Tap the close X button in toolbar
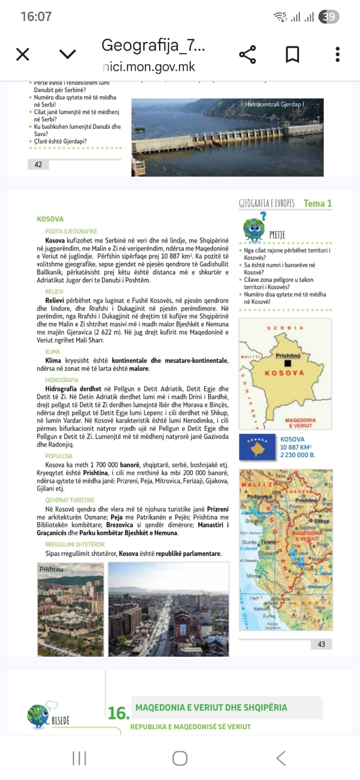(x=23, y=54)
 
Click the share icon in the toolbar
(x=247, y=54)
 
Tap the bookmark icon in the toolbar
(x=292, y=54)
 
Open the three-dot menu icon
(x=337, y=54)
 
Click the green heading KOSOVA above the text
(x=50, y=219)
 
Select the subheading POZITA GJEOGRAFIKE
(x=71, y=232)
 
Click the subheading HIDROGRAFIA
(x=62, y=380)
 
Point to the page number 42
(x=38, y=165)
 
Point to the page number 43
(x=321, y=644)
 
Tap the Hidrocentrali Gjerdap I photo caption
(x=274, y=104)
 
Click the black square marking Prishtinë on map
(x=288, y=363)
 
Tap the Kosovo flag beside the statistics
(x=257, y=447)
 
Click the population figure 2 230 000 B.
(x=297, y=455)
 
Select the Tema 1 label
(x=317, y=203)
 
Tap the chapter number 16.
(x=118, y=713)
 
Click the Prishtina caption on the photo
(x=51, y=569)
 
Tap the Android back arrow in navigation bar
(x=281, y=758)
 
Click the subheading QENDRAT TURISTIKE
(x=70, y=500)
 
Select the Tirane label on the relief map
(x=268, y=542)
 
